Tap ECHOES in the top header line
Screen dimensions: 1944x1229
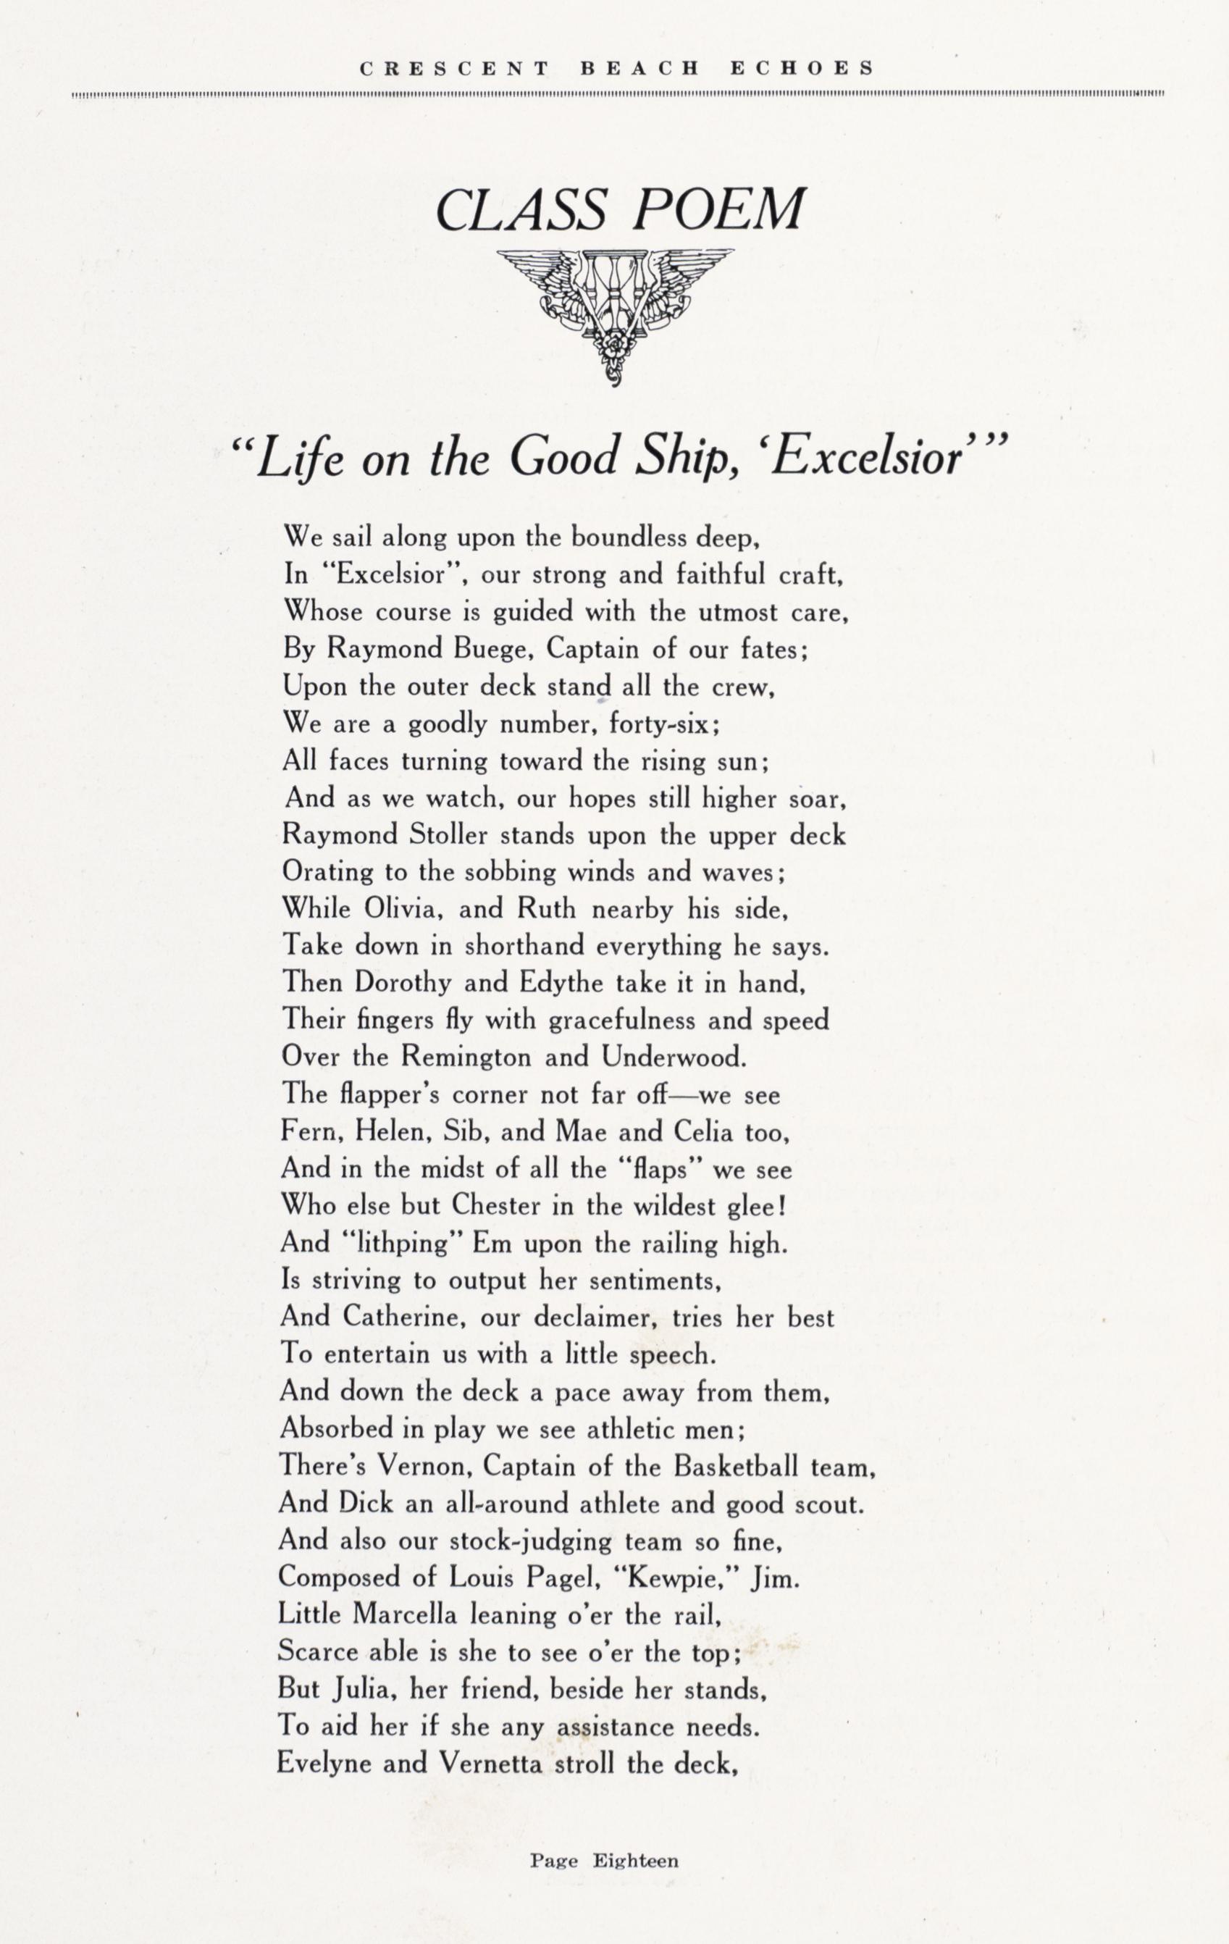(x=802, y=69)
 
